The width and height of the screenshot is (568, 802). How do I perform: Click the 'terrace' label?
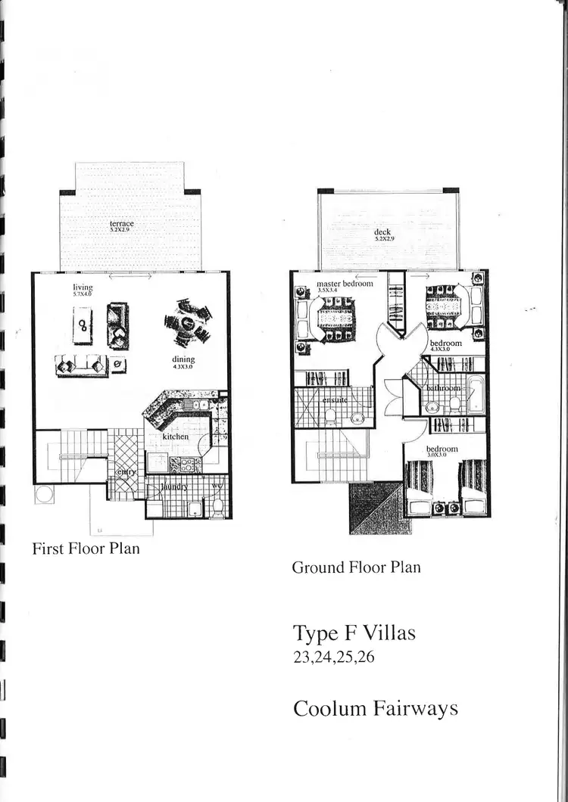tap(121, 223)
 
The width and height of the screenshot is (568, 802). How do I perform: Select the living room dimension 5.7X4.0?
tap(82, 294)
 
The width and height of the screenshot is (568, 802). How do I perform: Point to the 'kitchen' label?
tap(176, 437)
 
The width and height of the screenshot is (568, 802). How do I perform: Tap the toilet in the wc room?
tap(217, 504)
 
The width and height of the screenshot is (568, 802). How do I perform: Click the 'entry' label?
tap(124, 473)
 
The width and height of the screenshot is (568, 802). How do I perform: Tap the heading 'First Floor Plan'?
tap(86, 549)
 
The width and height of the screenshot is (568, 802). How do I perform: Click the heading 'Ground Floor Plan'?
tap(356, 567)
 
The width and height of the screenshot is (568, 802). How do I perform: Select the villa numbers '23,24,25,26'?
tap(334, 657)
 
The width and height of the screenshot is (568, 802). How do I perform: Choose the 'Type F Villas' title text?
tap(354, 633)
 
